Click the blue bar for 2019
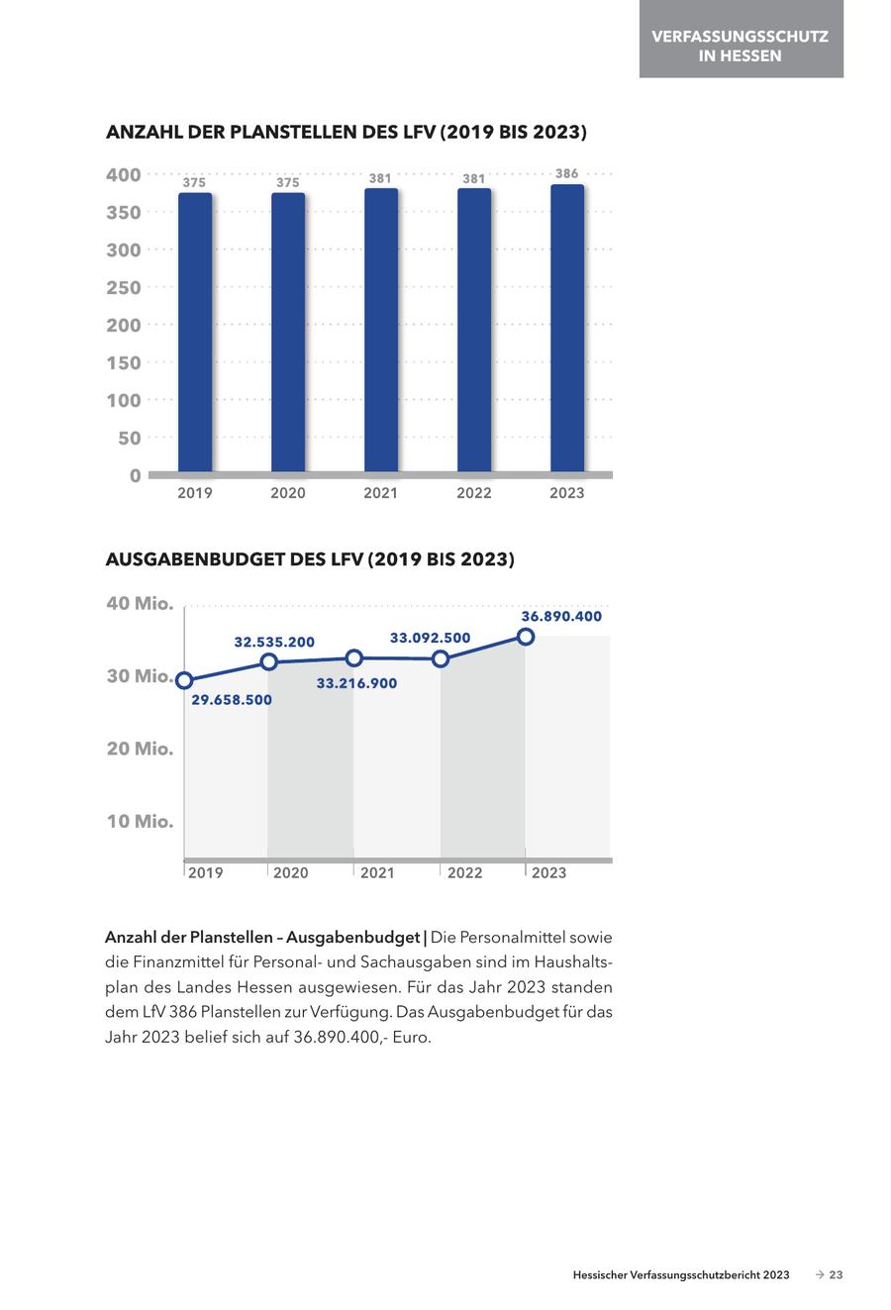point(195,332)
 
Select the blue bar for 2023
point(567,328)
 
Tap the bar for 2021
point(381,330)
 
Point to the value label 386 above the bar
point(567,174)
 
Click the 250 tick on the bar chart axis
point(124,287)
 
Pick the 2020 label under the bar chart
point(288,493)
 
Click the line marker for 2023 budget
point(526,637)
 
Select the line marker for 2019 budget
point(184,680)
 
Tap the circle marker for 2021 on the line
point(354,657)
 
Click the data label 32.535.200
point(274,642)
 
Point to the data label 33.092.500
point(430,638)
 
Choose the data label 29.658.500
point(232,700)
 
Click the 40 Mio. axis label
point(140,604)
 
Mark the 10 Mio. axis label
point(140,822)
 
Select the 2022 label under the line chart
point(464,872)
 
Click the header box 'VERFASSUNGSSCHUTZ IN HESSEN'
point(741,46)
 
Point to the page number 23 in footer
point(836,1275)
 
